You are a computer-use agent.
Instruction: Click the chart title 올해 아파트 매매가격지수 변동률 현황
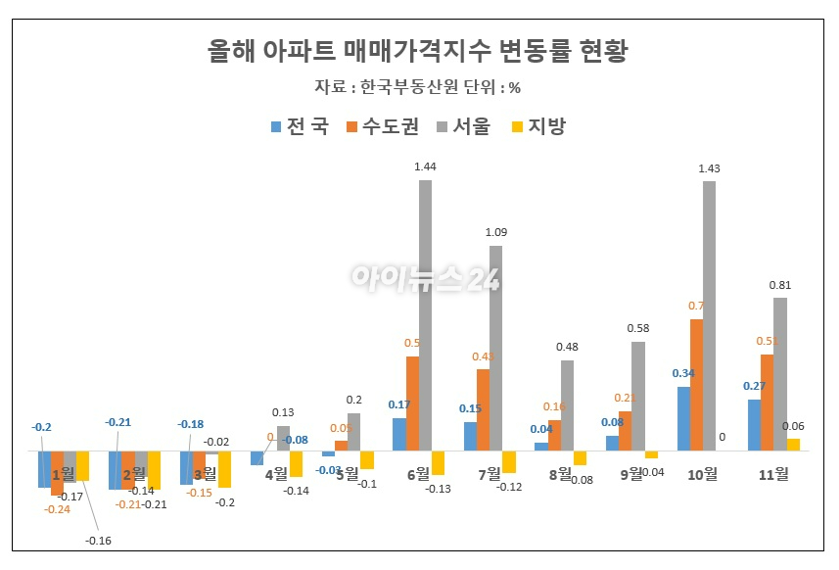(418, 51)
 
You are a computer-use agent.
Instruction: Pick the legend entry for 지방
(538, 126)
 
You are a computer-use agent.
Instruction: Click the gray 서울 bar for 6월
(425, 315)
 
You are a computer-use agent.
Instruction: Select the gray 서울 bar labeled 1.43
(710, 316)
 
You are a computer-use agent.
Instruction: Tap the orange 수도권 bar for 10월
(696, 385)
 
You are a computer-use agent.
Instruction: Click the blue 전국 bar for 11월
(754, 425)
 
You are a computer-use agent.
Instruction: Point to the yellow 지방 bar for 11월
(793, 445)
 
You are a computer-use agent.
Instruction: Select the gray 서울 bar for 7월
(496, 348)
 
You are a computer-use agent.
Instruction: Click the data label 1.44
(425, 167)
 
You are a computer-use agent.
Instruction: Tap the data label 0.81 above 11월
(780, 285)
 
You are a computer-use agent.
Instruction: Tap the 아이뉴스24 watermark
(426, 278)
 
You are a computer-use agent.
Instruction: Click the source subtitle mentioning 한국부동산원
(418, 87)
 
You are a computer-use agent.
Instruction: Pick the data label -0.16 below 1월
(97, 541)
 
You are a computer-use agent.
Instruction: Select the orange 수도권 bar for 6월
(412, 404)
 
